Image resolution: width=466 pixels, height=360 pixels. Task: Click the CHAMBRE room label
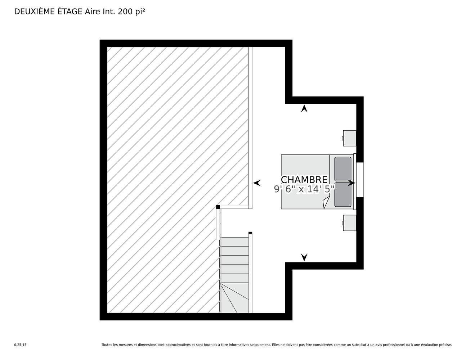[304, 180]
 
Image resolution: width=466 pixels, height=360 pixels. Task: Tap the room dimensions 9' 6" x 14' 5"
[304, 189]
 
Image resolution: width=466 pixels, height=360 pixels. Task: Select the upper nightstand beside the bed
[349, 138]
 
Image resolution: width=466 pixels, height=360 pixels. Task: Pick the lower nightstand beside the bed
[349, 223]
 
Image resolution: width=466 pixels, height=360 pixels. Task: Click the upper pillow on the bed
[343, 169]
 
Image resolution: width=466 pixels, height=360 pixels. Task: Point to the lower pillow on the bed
[343, 194]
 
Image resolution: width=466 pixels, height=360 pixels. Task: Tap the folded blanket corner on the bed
[326, 202]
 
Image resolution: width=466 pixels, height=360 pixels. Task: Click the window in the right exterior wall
[360, 180]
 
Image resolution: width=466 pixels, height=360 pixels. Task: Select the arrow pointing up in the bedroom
[304, 108]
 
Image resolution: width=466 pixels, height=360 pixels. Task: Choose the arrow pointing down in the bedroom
[304, 257]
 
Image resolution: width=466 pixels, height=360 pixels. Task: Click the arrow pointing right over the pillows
[351, 183]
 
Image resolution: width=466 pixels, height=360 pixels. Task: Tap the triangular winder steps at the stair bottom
[234, 298]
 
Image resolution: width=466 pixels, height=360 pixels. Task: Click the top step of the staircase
[234, 242]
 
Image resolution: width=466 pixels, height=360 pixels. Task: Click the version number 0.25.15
[21, 345]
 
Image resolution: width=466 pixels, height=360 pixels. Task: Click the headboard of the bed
[355, 182]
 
